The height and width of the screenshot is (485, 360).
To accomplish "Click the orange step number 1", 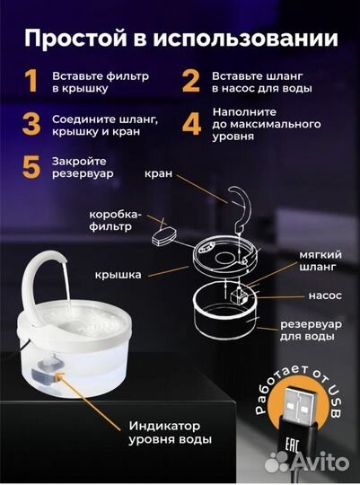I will (x=32, y=82).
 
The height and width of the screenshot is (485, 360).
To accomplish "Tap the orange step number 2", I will (x=190, y=82).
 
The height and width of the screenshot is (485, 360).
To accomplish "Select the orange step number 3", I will (x=32, y=123).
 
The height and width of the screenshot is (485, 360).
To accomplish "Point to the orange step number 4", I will (x=191, y=123).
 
